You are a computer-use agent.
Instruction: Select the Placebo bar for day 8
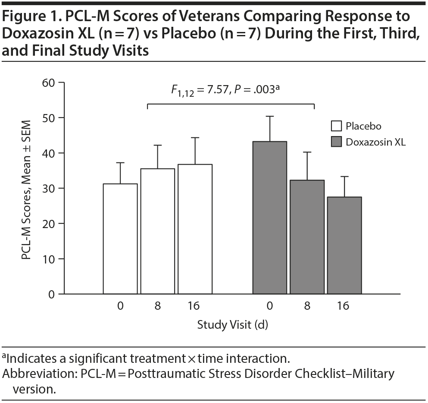pos(157,231)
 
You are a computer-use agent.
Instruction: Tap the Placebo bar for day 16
pos(195,229)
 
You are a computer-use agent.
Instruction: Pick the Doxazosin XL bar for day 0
pos(269,218)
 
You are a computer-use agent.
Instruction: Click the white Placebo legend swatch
pos(336,126)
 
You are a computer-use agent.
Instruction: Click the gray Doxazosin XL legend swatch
pos(336,142)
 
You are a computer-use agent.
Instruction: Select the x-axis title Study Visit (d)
pos(232,325)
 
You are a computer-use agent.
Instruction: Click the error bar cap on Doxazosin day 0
pos(269,116)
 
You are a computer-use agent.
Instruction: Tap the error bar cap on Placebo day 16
pos(195,138)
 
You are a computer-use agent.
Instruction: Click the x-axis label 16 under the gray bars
pos(344,306)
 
